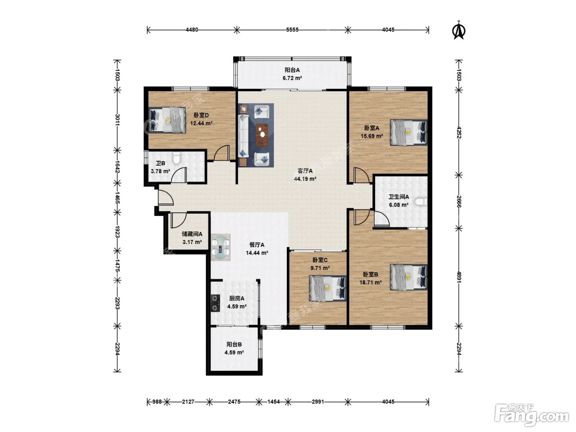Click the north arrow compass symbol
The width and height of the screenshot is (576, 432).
point(459,30)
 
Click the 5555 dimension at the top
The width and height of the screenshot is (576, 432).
point(293,30)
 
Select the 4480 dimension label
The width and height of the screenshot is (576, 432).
point(192,30)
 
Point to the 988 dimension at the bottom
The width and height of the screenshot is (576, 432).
point(157,402)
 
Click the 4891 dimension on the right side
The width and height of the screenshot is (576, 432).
point(459,277)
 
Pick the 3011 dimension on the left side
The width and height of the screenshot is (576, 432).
point(117,120)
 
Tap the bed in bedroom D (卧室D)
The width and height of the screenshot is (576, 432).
point(167,120)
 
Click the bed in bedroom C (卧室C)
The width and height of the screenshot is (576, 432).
point(327,288)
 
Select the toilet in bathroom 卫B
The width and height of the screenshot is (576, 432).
point(177,158)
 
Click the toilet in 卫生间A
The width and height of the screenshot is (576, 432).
point(421,202)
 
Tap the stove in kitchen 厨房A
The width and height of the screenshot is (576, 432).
point(215,303)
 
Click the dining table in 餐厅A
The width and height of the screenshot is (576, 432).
point(221,247)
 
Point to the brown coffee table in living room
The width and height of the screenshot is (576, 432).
point(262,135)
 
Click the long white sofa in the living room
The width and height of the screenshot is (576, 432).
point(244,136)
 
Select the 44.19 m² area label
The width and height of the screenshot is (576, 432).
point(305,179)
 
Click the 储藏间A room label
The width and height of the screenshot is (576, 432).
point(192,234)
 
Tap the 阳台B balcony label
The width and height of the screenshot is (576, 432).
point(234,344)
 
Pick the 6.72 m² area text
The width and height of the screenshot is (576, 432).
point(292,78)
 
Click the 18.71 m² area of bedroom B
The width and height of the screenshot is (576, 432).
point(370,282)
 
